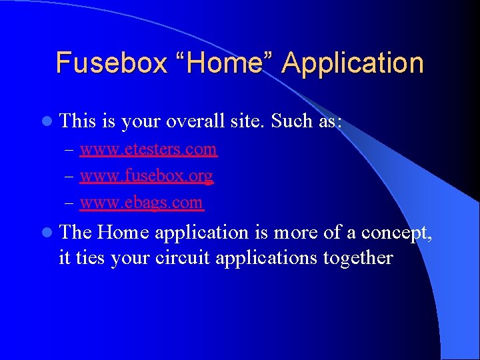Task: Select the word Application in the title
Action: pyautogui.click(x=353, y=63)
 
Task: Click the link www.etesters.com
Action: pyautogui.click(x=148, y=149)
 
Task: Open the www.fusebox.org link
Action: pyautogui.click(x=146, y=175)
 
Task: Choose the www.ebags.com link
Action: pyautogui.click(x=141, y=202)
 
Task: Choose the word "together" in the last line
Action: pyautogui.click(x=358, y=258)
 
